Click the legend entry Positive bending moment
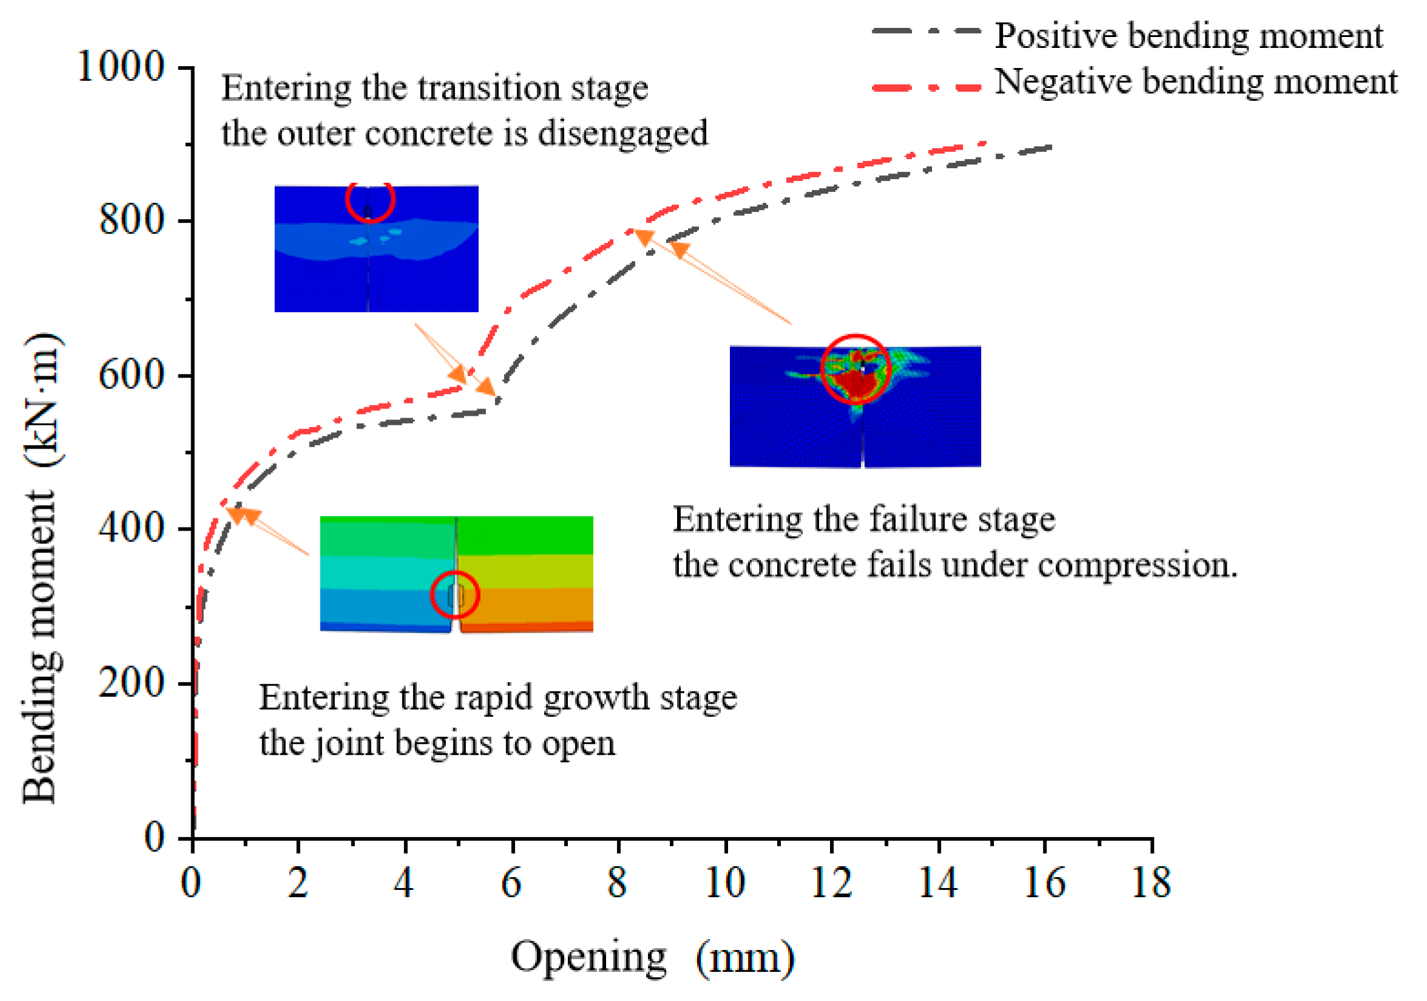[x=1188, y=35]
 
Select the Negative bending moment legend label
[x=1195, y=82]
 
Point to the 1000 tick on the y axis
[x=121, y=66]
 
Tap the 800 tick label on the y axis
[x=132, y=220]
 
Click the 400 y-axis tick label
[x=132, y=528]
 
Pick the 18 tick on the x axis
[x=1151, y=882]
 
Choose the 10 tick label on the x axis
[x=724, y=882]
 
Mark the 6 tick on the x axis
[x=511, y=882]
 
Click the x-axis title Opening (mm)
[x=652, y=957]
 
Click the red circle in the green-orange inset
[x=455, y=594]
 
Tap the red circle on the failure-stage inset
[x=856, y=368]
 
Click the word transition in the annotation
[x=490, y=87]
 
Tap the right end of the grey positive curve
[x=1050, y=148]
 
